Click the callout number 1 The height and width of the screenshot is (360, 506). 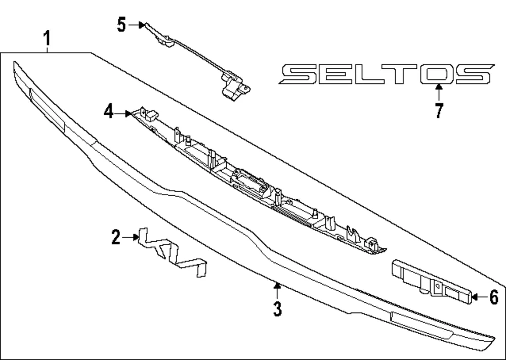pyautogui.click(x=47, y=38)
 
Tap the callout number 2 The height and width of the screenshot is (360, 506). pyautogui.click(x=116, y=237)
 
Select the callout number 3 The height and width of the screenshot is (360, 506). pyautogui.click(x=277, y=309)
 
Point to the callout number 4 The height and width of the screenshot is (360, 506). pyautogui.click(x=109, y=112)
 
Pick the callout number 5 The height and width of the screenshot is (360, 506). pyautogui.click(x=121, y=25)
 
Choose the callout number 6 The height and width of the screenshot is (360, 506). pyautogui.click(x=494, y=297)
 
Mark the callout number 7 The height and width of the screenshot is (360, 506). pyautogui.click(x=439, y=111)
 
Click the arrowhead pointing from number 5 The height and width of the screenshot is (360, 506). pyautogui.click(x=142, y=25)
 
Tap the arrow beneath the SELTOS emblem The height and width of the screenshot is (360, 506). pyautogui.click(x=439, y=92)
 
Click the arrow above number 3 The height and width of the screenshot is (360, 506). pyautogui.click(x=277, y=290)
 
